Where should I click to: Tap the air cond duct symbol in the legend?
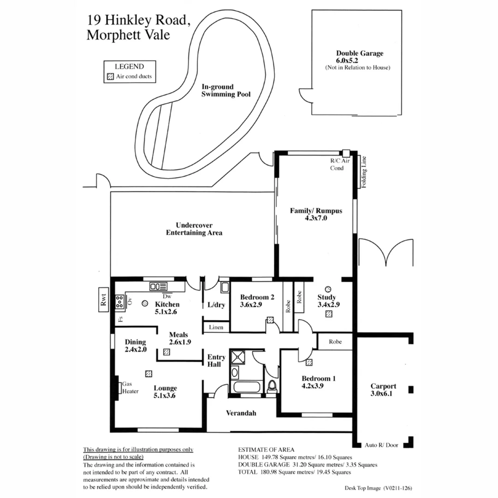click(110, 77)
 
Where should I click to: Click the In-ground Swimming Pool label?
click(226, 90)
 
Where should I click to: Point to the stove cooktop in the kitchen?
click(119, 302)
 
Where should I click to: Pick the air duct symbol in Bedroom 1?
click(308, 362)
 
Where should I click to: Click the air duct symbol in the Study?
click(328, 314)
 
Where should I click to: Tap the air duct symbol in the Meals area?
click(166, 352)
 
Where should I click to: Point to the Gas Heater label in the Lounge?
click(130, 387)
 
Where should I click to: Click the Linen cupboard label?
click(216, 327)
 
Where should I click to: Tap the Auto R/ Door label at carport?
click(381, 445)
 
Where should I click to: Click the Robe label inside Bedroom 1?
click(335, 342)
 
